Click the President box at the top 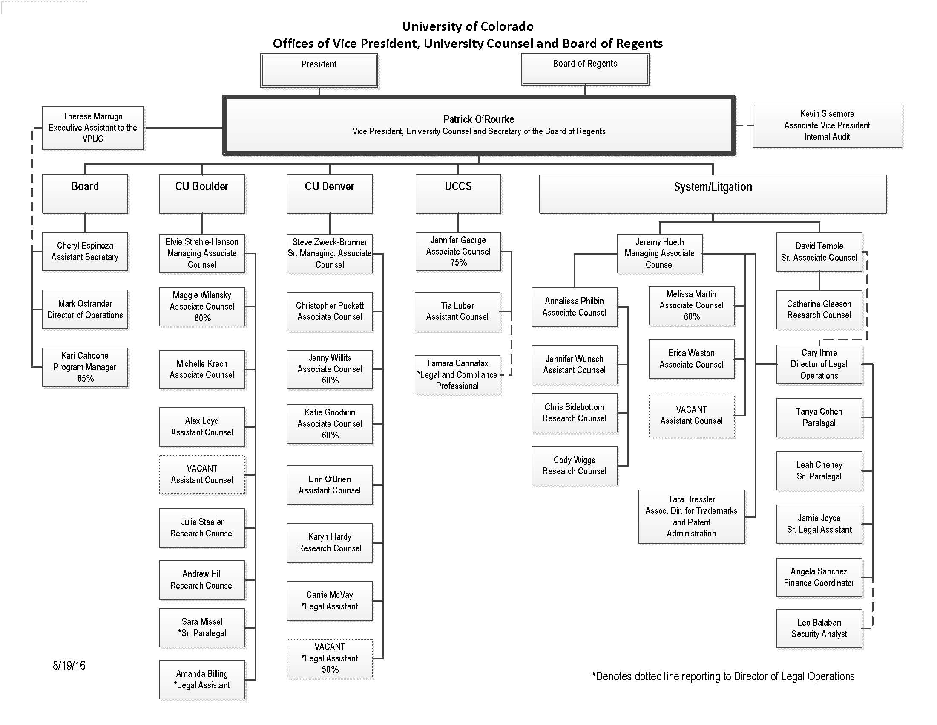(319, 70)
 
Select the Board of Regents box (585, 69)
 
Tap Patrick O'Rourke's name (478, 119)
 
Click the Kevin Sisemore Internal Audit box (827, 125)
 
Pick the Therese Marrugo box (93, 128)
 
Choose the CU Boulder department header (202, 194)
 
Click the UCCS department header (458, 194)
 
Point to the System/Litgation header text (713, 187)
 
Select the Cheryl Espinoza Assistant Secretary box (85, 252)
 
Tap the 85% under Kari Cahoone (85, 378)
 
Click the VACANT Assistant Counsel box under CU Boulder (202, 475)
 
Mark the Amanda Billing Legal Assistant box (202, 680)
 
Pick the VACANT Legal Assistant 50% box (330, 658)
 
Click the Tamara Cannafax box (457, 374)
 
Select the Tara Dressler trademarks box (691, 517)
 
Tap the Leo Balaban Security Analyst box (819, 628)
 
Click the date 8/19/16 (69, 666)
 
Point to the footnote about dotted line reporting (723, 676)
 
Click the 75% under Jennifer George (458, 262)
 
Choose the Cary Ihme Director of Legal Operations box (819, 364)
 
